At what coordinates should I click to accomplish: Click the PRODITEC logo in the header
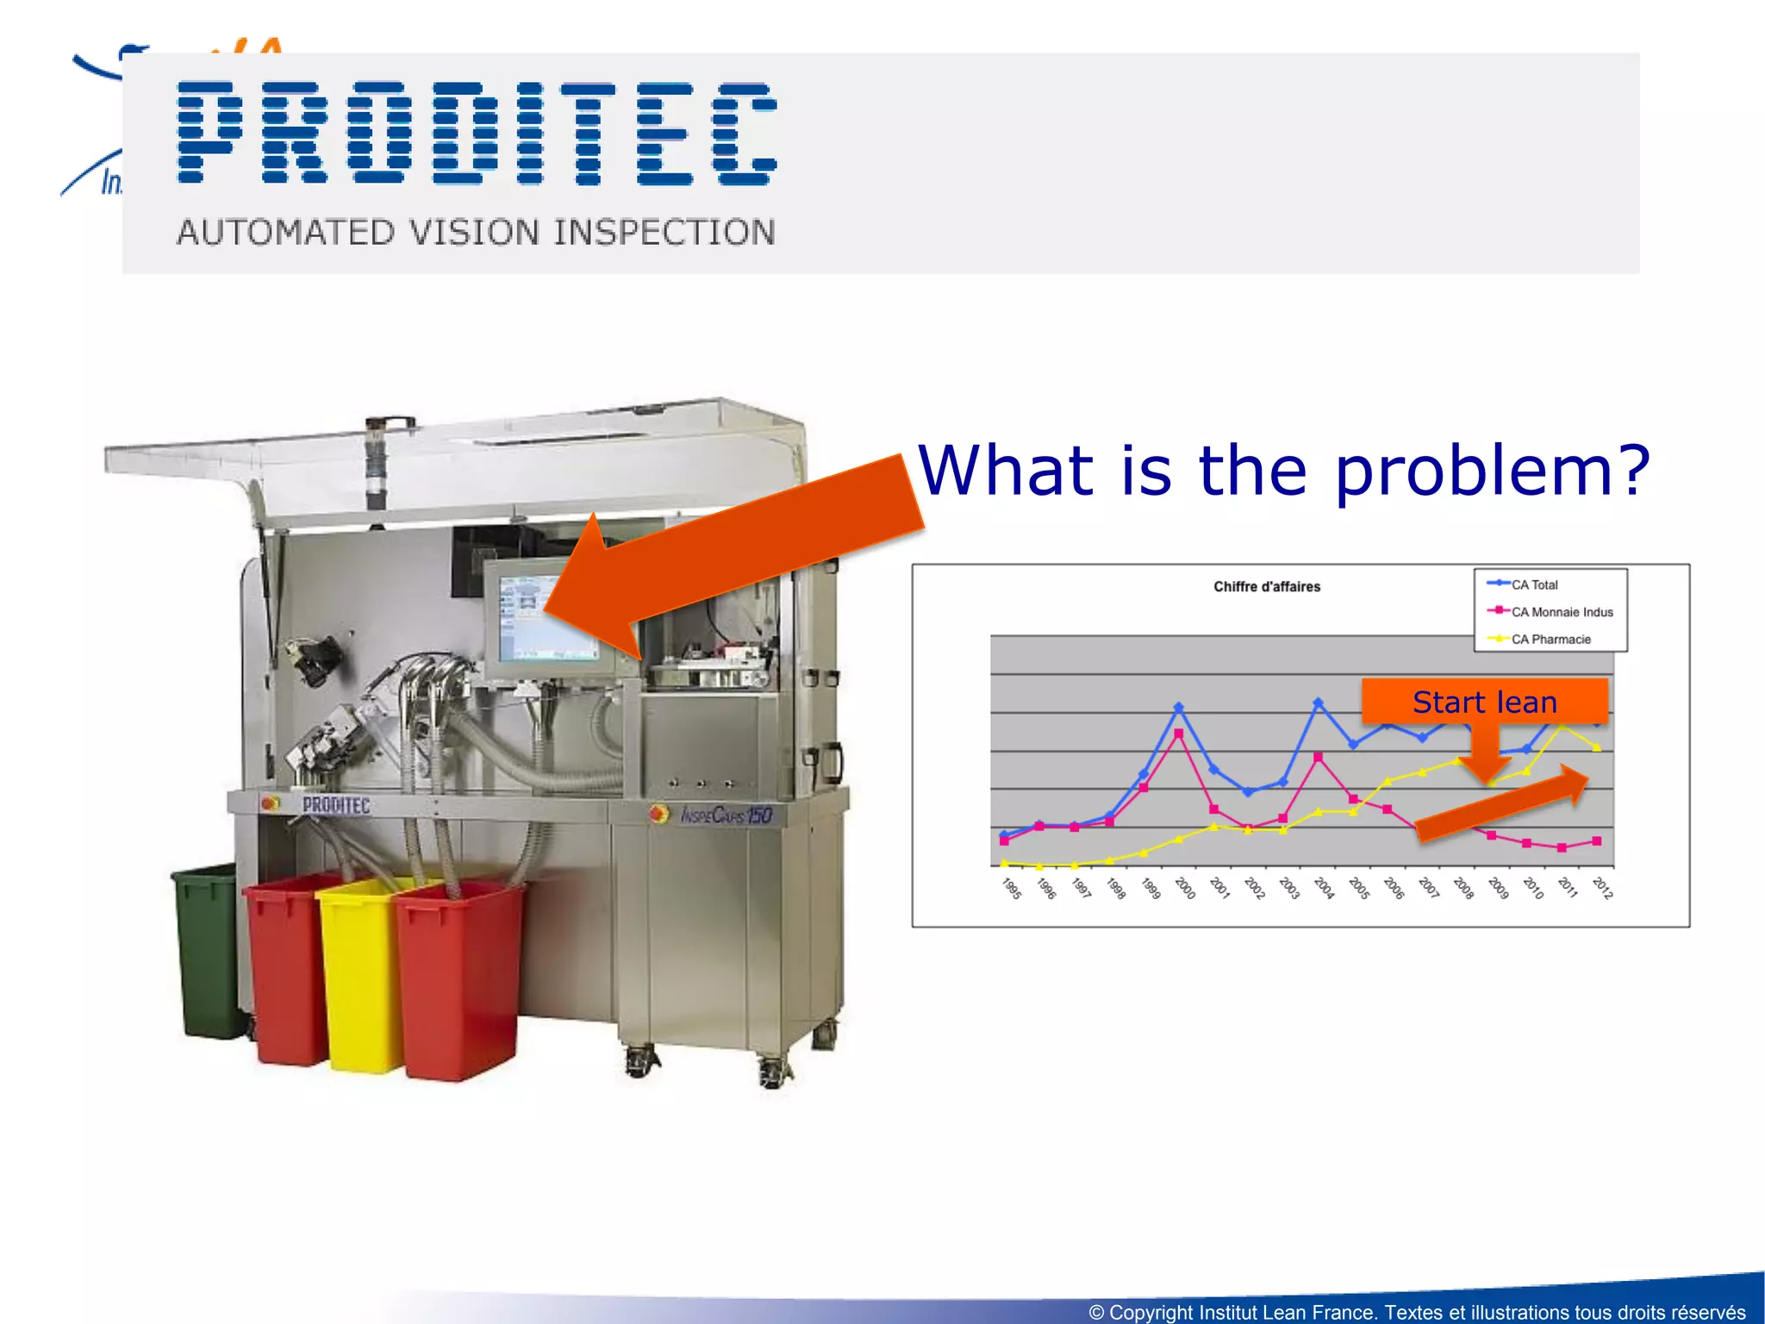tap(477, 134)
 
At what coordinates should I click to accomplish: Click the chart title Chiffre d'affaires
tap(1266, 587)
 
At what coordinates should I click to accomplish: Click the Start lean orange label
tap(1484, 702)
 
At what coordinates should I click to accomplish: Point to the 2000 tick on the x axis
tap(1184, 887)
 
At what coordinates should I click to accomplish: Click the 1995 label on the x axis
tap(1011, 888)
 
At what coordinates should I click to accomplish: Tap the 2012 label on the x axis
tap(1601, 888)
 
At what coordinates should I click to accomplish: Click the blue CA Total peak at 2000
tap(1178, 708)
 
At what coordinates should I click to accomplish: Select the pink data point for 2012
tap(1596, 840)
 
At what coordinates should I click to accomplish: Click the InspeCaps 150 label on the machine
tap(726, 815)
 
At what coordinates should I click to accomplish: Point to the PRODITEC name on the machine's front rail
tap(336, 805)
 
